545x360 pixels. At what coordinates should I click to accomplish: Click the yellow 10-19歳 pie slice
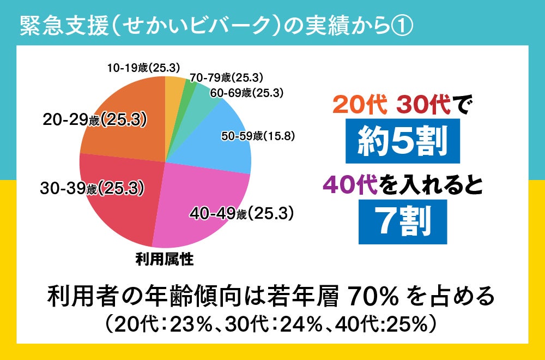(x=174, y=90)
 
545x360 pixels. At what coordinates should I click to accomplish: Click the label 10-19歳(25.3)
(x=143, y=68)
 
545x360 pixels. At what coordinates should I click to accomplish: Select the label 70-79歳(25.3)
(x=227, y=78)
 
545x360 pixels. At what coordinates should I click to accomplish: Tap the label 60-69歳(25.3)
(x=246, y=93)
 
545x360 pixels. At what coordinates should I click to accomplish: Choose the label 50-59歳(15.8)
(x=258, y=136)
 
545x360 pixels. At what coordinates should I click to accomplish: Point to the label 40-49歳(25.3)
(x=242, y=213)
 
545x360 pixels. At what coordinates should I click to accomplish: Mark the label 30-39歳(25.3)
(x=92, y=189)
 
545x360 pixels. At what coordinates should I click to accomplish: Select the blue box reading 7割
(x=402, y=221)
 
